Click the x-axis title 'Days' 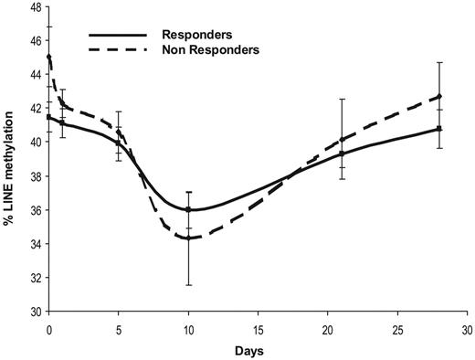click(x=259, y=349)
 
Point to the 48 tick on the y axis click(x=33, y=8)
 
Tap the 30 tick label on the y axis click(x=33, y=312)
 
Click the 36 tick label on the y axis click(x=33, y=210)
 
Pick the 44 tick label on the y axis click(x=33, y=75)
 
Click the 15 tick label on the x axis click(x=258, y=328)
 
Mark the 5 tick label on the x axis click(x=119, y=328)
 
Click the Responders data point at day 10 click(x=188, y=210)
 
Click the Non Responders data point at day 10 click(x=188, y=238)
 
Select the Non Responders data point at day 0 click(x=49, y=57)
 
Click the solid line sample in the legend click(x=118, y=35)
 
